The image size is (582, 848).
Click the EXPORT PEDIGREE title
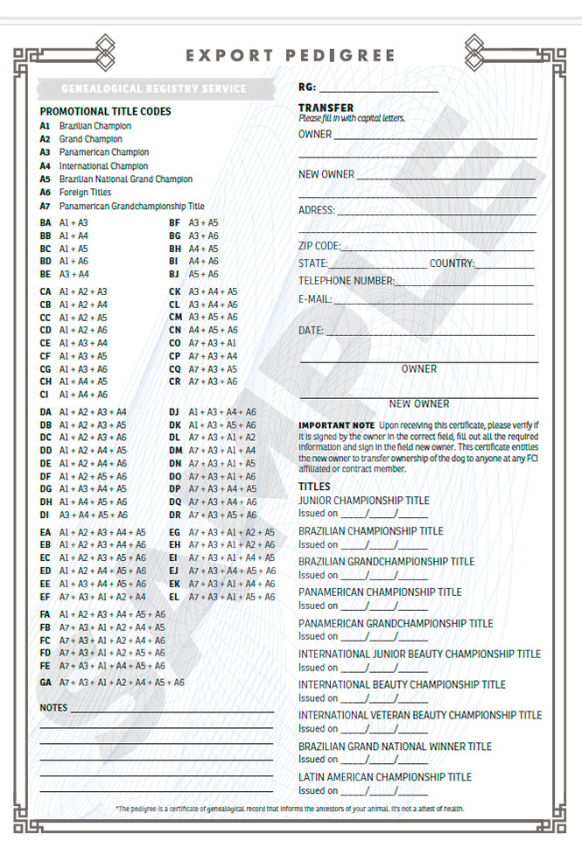[290, 55]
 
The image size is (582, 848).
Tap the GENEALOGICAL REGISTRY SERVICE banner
[153, 88]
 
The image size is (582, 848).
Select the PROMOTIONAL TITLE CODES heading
[105, 112]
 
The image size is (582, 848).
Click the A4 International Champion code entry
[95, 165]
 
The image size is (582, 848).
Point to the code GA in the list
[46, 682]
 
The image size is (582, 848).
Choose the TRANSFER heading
[326, 108]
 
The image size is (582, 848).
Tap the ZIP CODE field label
[319, 246]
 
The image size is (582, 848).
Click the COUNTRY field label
[452, 263]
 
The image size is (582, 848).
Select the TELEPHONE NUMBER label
[346, 281]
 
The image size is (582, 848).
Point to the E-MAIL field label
[314, 299]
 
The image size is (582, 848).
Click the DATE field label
[311, 331]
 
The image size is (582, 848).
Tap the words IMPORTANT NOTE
[336, 424]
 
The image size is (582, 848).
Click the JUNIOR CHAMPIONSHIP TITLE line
[363, 501]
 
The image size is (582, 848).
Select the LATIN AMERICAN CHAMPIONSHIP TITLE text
[384, 776]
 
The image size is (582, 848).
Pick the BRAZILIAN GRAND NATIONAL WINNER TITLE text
[395, 746]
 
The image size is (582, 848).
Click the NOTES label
[53, 707]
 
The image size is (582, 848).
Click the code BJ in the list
[174, 274]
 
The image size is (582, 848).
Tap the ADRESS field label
[316, 210]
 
